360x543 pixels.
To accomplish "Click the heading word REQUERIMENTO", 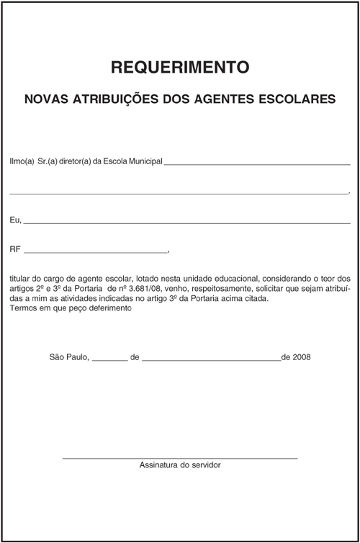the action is click(180, 68).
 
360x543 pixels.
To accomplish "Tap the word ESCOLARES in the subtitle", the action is click(299, 98).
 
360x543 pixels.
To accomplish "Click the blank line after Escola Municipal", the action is click(257, 164).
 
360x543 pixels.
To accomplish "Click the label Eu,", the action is click(16, 219).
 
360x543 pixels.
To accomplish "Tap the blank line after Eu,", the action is click(187, 223).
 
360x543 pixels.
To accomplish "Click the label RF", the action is click(15, 249).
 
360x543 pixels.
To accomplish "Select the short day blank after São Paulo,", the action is click(110, 359).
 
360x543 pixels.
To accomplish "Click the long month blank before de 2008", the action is click(211, 359).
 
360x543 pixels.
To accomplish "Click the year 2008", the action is click(302, 356).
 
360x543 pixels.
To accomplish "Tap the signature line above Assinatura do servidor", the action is click(180, 458).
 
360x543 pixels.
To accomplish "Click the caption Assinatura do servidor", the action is click(180, 465).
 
